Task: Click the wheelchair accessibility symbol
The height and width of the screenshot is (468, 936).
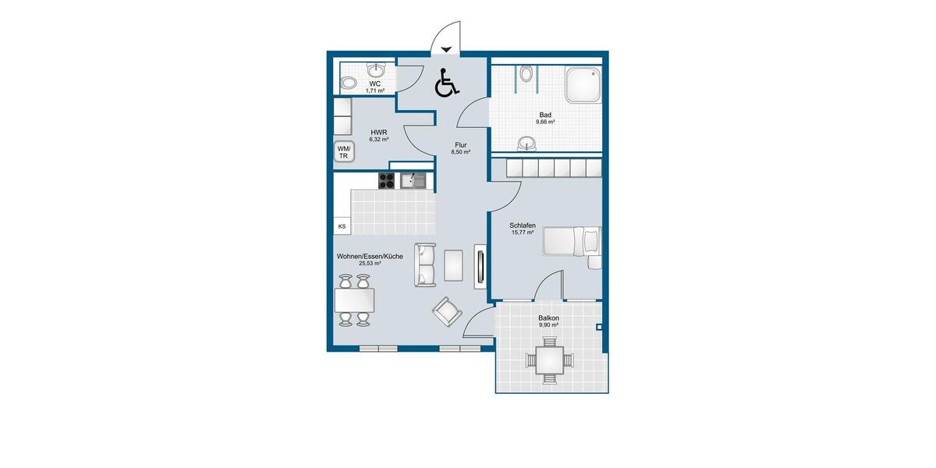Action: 445,83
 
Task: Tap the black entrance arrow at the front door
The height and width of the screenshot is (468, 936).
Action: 445,50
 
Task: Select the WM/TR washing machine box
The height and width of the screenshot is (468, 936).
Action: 343,152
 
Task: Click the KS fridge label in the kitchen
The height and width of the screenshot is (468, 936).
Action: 342,227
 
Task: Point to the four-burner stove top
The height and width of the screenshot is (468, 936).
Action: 387,181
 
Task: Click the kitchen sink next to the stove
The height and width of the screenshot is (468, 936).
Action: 413,181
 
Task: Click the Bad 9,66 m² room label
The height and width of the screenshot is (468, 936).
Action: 545,119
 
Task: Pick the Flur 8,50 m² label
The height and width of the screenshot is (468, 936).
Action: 461,148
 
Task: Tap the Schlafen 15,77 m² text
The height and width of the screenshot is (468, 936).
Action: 522,228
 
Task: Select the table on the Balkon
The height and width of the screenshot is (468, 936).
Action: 550,360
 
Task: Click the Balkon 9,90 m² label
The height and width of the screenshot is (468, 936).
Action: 548,321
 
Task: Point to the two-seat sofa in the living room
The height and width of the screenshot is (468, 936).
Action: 426,264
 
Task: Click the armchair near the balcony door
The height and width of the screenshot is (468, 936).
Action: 447,313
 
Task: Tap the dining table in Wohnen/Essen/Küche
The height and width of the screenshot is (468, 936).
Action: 354,300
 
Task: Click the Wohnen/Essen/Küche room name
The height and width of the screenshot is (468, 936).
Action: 370,256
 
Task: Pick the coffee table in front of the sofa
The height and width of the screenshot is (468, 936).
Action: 453,264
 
